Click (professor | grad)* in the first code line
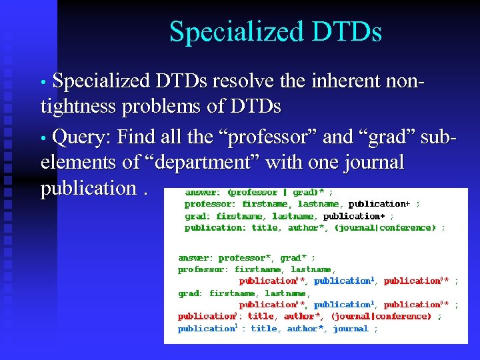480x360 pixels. pos(275,193)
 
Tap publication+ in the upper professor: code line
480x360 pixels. pos(378,204)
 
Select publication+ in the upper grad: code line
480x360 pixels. pos(353,216)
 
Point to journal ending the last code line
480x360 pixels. pos(351,329)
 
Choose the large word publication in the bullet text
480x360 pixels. pos(88,188)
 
